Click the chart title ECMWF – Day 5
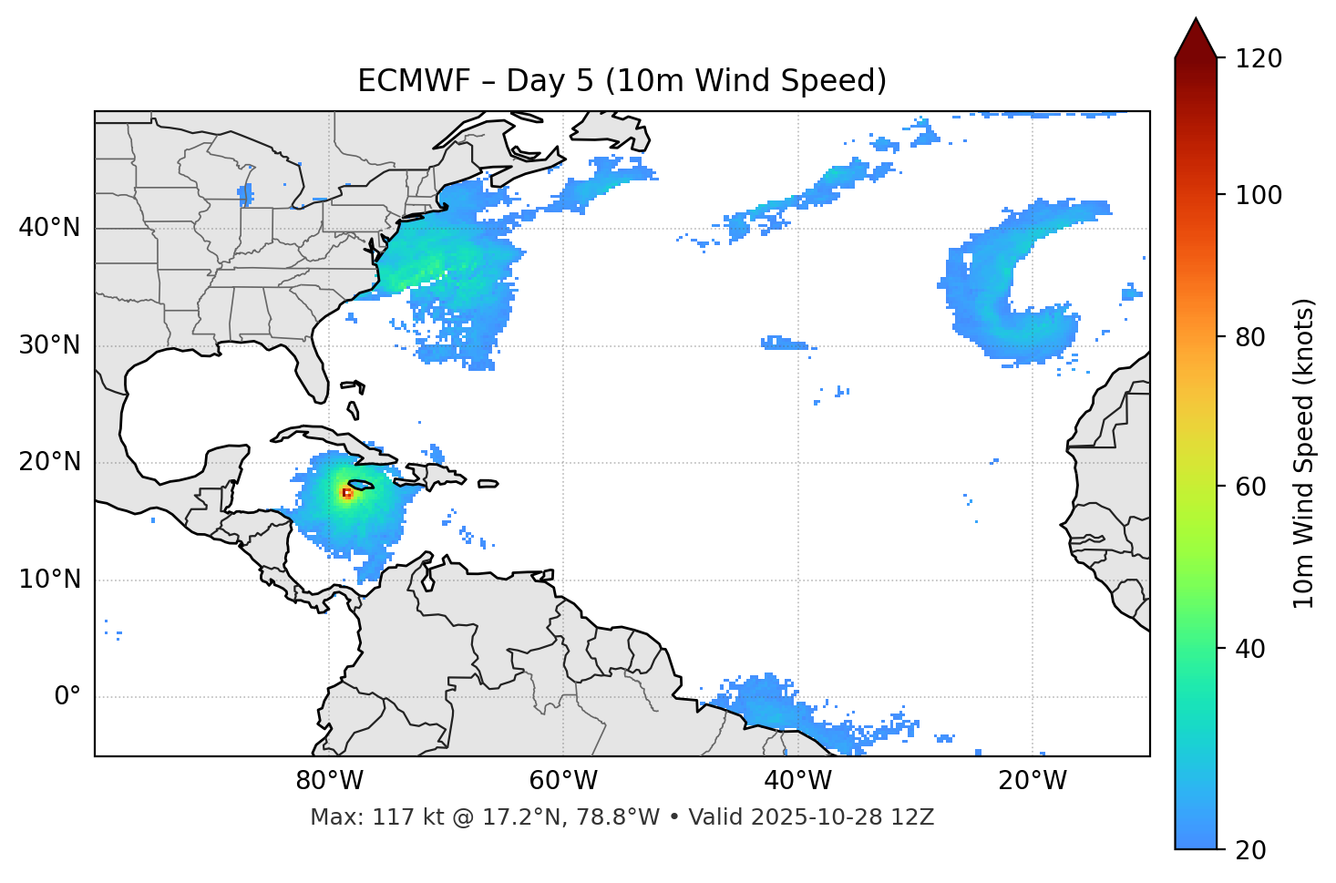click(x=622, y=81)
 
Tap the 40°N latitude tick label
click(x=49, y=228)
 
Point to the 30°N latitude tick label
click(x=49, y=345)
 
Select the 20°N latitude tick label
click(x=49, y=462)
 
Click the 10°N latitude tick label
click(x=49, y=580)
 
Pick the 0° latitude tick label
click(x=67, y=697)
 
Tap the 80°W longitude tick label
click(x=329, y=781)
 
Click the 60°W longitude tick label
click(x=563, y=781)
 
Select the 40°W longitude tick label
click(x=798, y=781)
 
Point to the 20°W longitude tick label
click(x=1033, y=781)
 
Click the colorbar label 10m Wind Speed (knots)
click(x=1304, y=453)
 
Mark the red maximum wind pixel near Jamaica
click(x=346, y=493)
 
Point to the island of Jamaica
click(x=361, y=485)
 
